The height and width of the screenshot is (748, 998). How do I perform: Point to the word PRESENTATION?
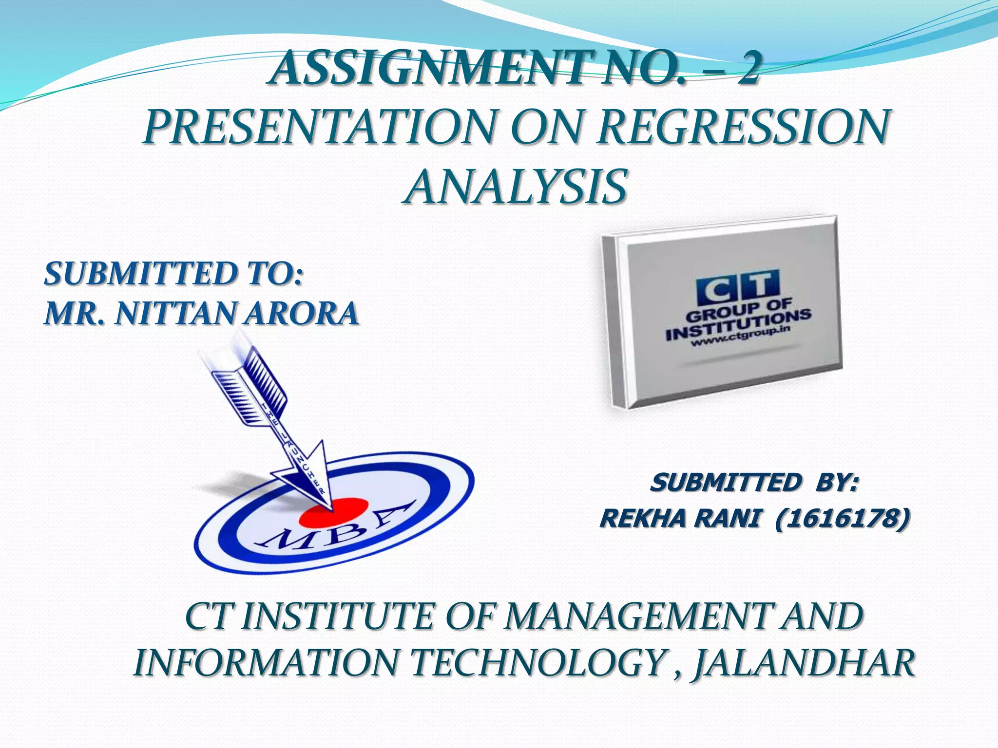pyautogui.click(x=319, y=128)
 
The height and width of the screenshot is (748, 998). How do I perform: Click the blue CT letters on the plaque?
pyautogui.click(x=737, y=288)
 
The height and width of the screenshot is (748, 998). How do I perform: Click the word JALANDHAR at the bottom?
pyautogui.click(x=804, y=663)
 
